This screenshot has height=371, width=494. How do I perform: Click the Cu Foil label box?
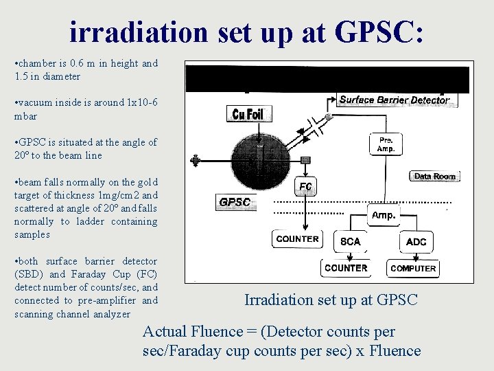tap(248, 114)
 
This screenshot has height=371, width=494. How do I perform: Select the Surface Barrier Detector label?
tap(395, 100)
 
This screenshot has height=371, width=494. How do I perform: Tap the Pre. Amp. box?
tap(386, 144)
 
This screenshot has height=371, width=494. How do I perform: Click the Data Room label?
tap(434, 177)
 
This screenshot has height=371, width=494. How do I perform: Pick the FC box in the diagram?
tap(305, 187)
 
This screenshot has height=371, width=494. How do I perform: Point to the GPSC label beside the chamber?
tap(235, 203)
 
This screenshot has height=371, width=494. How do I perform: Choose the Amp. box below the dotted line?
tap(383, 215)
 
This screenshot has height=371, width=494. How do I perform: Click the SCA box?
tap(350, 242)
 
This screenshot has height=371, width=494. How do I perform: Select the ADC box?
tap(416, 242)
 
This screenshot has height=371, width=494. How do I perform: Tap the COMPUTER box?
tap(413, 269)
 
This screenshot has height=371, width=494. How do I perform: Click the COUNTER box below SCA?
tap(346, 268)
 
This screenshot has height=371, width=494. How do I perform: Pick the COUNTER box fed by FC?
tap(297, 239)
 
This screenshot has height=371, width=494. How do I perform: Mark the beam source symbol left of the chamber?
tap(197, 161)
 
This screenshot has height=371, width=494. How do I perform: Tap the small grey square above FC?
tap(305, 160)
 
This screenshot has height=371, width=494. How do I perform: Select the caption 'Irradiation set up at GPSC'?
tap(331, 300)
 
